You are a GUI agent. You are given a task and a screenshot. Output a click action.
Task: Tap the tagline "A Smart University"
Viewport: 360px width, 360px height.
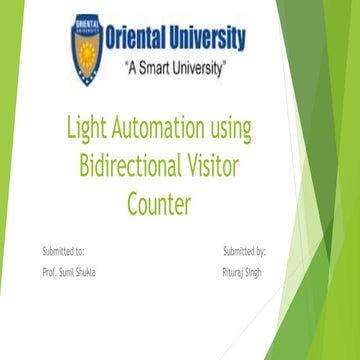pos(174,69)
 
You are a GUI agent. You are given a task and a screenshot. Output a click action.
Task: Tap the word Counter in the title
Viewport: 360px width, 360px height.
pos(159,202)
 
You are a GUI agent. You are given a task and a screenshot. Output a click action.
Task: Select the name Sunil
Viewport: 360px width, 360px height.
pos(68,272)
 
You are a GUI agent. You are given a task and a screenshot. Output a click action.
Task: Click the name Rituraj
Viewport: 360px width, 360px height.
pos(235,272)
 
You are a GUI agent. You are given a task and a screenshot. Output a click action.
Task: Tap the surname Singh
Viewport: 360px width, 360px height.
pos(257,272)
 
